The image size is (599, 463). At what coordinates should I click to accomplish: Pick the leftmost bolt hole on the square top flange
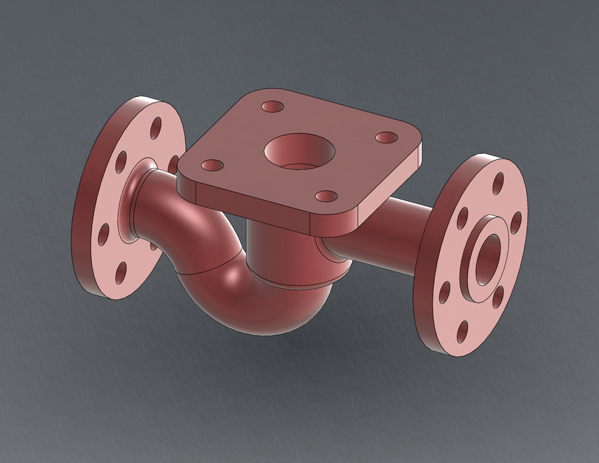(211, 166)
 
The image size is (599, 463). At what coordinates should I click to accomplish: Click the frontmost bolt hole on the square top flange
(328, 196)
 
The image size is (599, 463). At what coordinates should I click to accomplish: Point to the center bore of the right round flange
(486, 256)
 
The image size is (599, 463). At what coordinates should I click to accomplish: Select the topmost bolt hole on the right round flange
(498, 184)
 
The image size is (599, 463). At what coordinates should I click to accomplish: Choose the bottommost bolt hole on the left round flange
(122, 271)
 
